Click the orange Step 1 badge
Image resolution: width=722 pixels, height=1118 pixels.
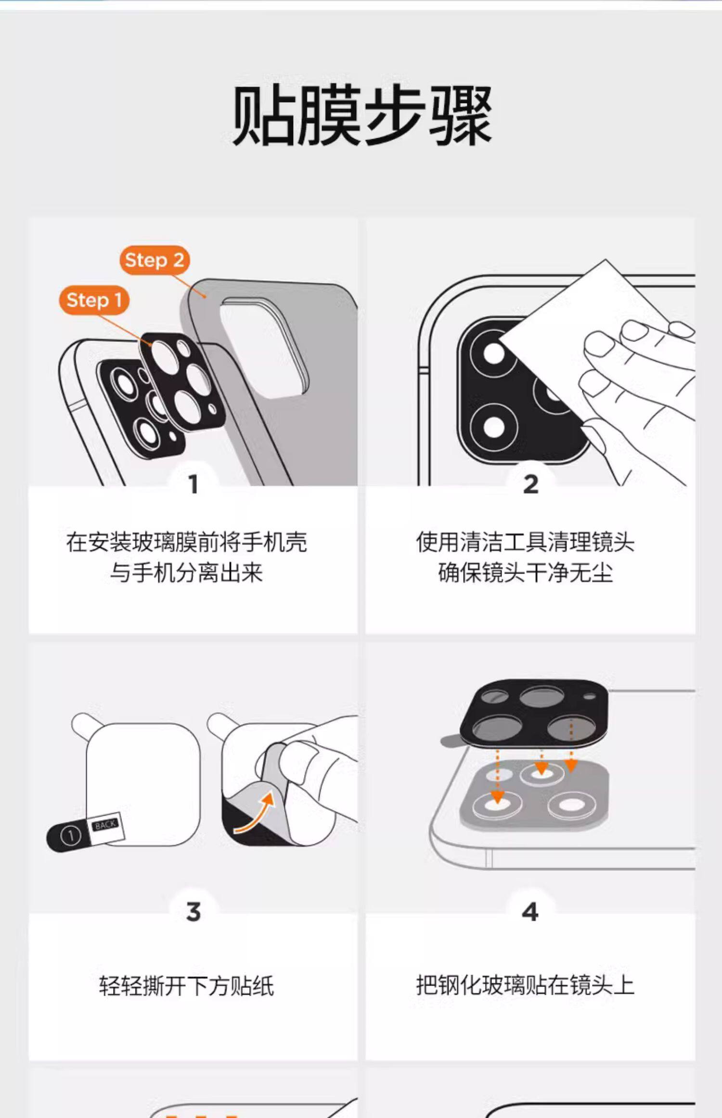pos(94,300)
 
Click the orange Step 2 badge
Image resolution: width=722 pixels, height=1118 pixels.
pos(155,260)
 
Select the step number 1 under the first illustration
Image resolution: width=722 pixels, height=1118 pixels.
pos(193,484)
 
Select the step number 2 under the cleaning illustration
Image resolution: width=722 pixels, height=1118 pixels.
pos(530,484)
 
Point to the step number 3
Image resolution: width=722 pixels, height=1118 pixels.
pos(193,912)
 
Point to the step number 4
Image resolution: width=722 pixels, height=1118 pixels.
pos(530,912)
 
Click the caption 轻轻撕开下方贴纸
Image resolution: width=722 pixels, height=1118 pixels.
pos(187,986)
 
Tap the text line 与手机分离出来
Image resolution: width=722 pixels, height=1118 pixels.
pos(187,573)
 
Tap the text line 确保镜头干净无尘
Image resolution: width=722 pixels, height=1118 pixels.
pos(525,573)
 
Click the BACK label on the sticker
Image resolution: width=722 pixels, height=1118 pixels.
pos(105,825)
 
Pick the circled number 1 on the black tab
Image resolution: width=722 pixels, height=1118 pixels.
pos(70,836)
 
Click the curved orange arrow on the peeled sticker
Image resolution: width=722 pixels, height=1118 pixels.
pos(255,814)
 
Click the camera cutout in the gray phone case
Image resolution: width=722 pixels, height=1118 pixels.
pos(262,347)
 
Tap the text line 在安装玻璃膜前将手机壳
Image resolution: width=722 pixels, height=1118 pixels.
pos(187,542)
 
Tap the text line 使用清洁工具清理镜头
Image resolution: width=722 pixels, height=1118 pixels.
pos(525,542)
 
